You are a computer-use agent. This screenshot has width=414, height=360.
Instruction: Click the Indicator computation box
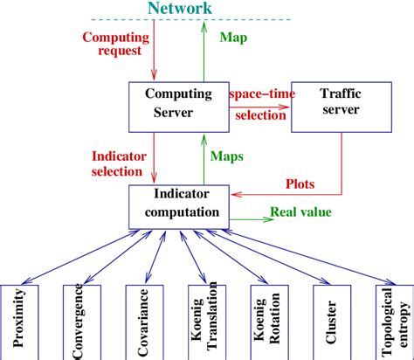[x=179, y=205]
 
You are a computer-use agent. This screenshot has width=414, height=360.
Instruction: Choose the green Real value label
[x=301, y=211]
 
